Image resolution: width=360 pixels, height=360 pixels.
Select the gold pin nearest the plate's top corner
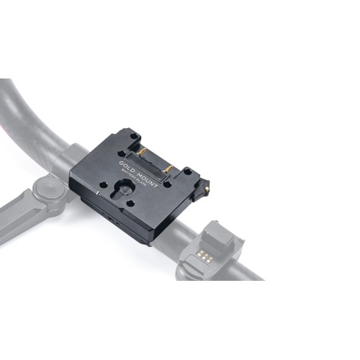[x=141, y=152]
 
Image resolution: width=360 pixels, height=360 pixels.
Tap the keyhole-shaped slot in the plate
[x=122, y=189]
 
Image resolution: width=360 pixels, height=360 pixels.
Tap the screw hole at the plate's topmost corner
[x=135, y=135]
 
